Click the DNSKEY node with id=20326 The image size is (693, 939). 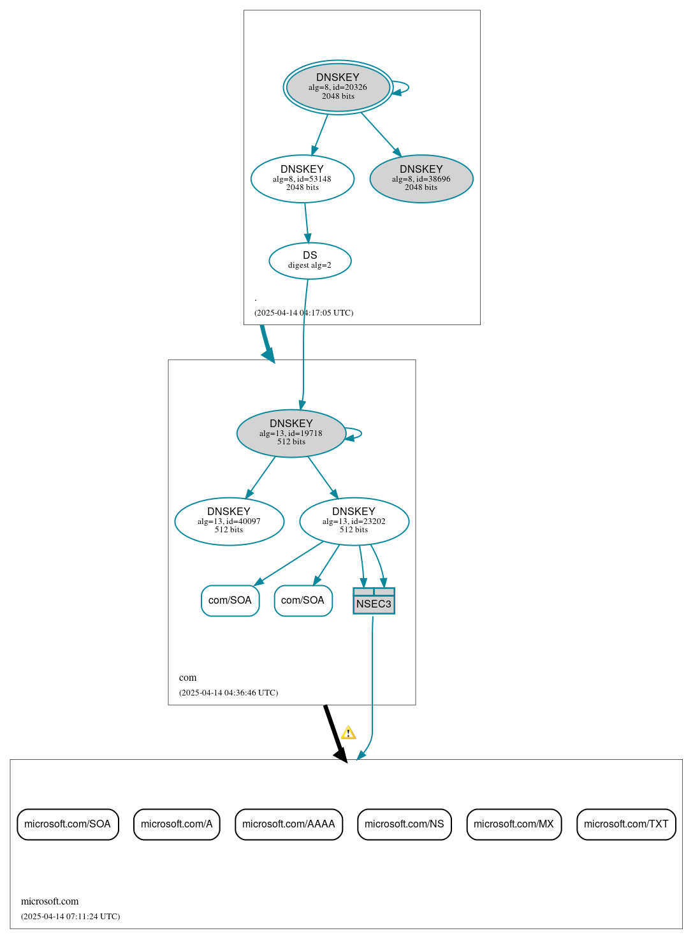(x=338, y=87)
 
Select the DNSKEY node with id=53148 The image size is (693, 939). (x=302, y=178)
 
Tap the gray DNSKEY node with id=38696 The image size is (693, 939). (x=421, y=178)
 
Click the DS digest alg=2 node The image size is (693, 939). (x=310, y=260)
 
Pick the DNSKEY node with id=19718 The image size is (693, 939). (x=291, y=433)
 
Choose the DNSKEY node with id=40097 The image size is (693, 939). (x=229, y=521)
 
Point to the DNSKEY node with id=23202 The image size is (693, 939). (x=354, y=521)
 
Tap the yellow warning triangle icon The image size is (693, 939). (x=348, y=732)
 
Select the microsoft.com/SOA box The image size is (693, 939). (x=68, y=824)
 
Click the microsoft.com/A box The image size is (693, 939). (x=177, y=824)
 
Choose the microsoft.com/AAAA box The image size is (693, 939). (x=289, y=824)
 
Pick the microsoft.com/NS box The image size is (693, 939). (x=404, y=824)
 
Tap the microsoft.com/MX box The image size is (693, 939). (x=514, y=824)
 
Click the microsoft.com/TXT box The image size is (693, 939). (x=626, y=824)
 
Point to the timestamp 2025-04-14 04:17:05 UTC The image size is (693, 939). (x=303, y=313)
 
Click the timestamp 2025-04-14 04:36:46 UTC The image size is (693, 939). (x=228, y=693)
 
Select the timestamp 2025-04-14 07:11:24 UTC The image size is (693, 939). (x=70, y=917)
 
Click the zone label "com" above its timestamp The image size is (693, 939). (x=187, y=678)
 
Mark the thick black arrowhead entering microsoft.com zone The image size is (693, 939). (x=342, y=755)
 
